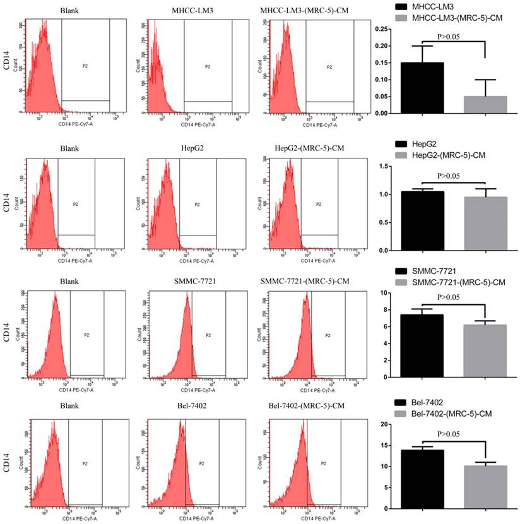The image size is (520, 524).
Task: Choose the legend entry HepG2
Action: pos(425,145)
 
